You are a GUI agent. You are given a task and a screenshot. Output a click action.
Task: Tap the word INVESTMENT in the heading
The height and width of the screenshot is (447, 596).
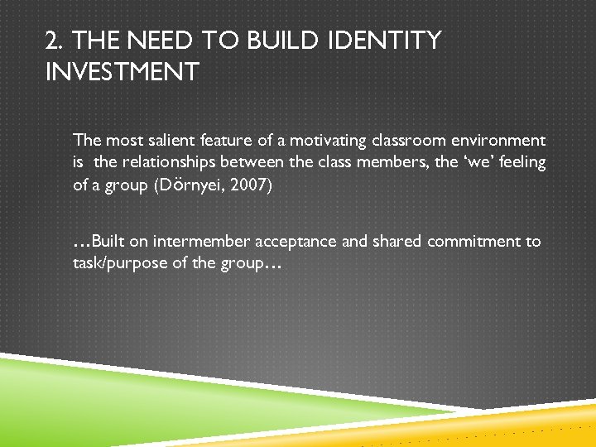(x=123, y=72)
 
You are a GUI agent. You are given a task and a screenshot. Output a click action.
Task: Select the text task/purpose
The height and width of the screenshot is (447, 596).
(x=115, y=264)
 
